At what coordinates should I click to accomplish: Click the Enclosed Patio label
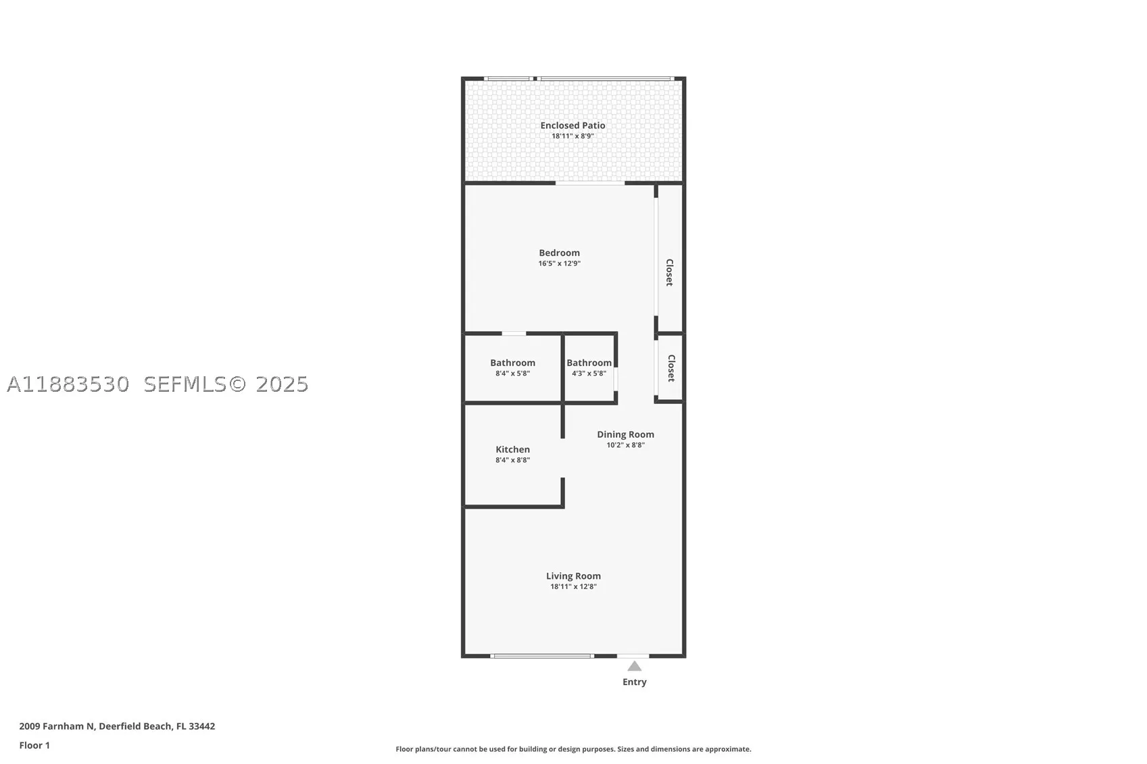pos(572,126)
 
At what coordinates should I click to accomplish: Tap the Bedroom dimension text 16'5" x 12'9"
pos(559,263)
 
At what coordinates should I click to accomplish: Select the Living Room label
pos(573,576)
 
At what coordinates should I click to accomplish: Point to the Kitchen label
pos(512,449)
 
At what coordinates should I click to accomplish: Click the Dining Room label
pos(625,434)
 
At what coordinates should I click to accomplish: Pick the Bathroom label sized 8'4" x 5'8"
pos(512,363)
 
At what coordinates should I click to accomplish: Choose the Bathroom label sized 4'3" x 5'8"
pos(589,363)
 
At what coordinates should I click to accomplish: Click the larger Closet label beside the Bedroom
pos(669,272)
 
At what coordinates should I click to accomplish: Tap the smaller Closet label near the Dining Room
pos(670,368)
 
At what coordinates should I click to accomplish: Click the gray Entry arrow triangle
pos(635,666)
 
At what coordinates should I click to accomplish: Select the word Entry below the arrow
pos(635,682)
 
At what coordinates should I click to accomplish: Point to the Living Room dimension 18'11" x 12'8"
pos(573,586)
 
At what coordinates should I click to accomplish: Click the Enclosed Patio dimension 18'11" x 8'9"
pos(572,136)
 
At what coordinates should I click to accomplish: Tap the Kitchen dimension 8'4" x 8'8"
pos(512,460)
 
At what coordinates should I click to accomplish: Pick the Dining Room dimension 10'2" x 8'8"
pos(625,445)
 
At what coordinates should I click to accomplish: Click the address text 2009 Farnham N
pos(57,726)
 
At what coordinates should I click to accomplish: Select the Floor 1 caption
pos(34,746)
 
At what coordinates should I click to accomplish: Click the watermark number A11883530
pos(68,384)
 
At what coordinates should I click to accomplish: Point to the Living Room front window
pos(542,656)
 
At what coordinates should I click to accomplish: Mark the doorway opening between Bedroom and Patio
pos(590,182)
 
